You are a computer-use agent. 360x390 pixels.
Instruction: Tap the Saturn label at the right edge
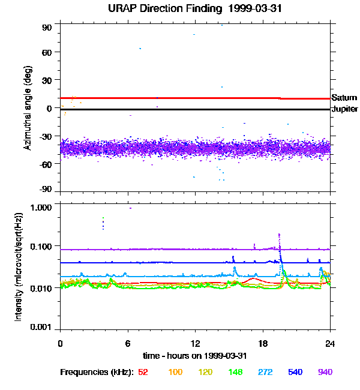click(x=344, y=98)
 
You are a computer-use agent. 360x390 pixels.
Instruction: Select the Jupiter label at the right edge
click(x=344, y=109)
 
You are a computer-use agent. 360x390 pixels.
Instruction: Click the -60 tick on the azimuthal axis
click(x=46, y=163)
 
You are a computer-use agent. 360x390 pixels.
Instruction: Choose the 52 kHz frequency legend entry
click(x=143, y=372)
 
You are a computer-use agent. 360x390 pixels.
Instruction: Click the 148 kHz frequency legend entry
click(x=235, y=372)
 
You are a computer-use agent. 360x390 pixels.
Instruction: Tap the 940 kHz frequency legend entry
click(x=325, y=372)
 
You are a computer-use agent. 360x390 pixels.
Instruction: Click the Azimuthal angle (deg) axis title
click(x=27, y=108)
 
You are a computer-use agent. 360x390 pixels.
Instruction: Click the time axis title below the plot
click(x=195, y=355)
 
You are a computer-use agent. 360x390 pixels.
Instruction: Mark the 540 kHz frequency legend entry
click(x=295, y=372)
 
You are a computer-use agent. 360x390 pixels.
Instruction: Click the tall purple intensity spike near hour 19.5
click(x=280, y=236)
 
